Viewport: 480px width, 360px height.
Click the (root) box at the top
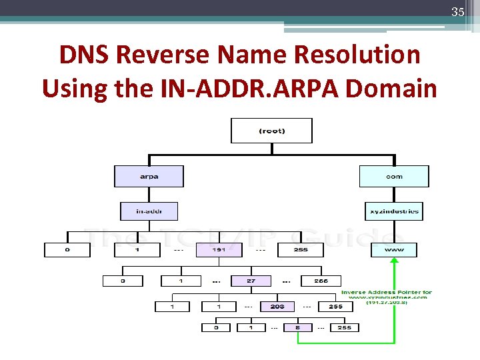tap(271, 131)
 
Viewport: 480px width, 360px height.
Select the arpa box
tap(149, 177)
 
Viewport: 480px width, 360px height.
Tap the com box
tap(394, 177)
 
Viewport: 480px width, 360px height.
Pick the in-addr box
tap(149, 211)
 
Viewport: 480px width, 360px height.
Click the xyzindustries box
tap(394, 211)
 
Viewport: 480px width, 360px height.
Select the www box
tap(394, 250)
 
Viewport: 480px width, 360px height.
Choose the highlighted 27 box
tap(251, 281)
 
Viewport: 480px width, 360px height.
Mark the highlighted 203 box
tap(277, 307)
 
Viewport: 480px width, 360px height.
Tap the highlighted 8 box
tap(297, 327)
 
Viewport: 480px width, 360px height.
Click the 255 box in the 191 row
tap(301, 250)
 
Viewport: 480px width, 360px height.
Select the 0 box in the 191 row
tap(67, 250)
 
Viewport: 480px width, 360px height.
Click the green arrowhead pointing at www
tap(394, 263)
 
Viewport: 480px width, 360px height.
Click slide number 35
tap(457, 12)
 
